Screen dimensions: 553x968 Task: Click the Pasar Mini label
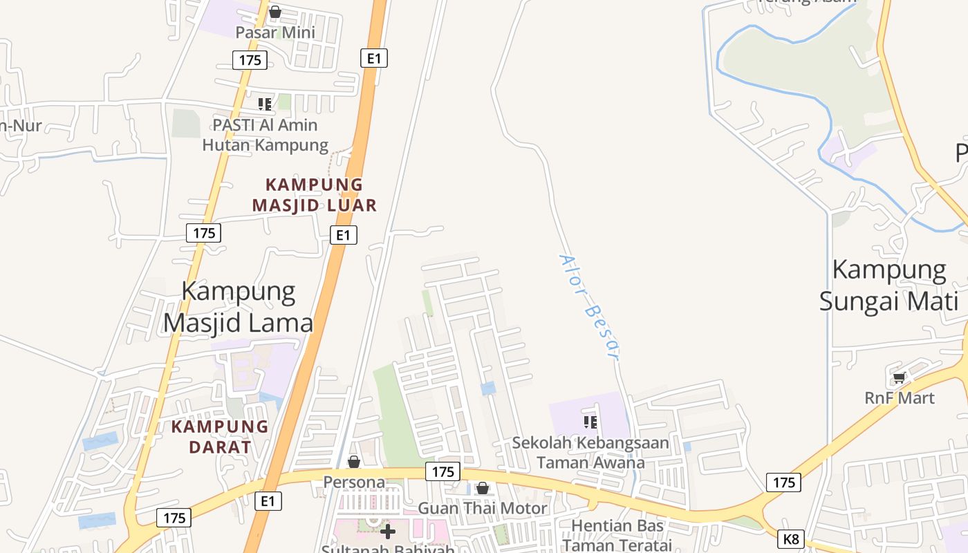tap(275, 32)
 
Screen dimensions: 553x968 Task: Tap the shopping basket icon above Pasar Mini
tap(275, 12)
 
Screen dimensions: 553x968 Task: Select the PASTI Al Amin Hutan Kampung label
tap(266, 135)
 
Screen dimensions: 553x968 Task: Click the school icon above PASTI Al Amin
tap(265, 104)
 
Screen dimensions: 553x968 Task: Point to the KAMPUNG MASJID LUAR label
tap(315, 195)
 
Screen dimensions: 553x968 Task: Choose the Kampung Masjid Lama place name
tap(239, 308)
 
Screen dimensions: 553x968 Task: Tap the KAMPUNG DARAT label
tap(220, 436)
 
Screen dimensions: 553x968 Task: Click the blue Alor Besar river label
tap(588, 308)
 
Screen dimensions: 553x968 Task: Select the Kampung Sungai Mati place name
tap(889, 285)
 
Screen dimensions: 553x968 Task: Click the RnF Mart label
tap(900, 398)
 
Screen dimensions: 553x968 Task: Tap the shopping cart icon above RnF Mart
tap(900, 377)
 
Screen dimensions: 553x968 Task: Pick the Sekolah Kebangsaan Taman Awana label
tap(590, 453)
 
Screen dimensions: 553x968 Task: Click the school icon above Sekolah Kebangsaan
tap(590, 422)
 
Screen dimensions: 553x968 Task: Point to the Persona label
tap(354, 481)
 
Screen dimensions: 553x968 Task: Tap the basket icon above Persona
tap(354, 461)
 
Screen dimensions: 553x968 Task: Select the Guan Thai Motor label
tap(483, 508)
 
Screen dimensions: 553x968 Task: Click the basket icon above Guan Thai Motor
tap(483, 489)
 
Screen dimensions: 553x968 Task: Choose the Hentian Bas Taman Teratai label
tap(617, 535)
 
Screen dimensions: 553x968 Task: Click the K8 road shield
tap(791, 538)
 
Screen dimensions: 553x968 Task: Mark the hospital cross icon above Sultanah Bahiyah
tap(389, 531)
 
